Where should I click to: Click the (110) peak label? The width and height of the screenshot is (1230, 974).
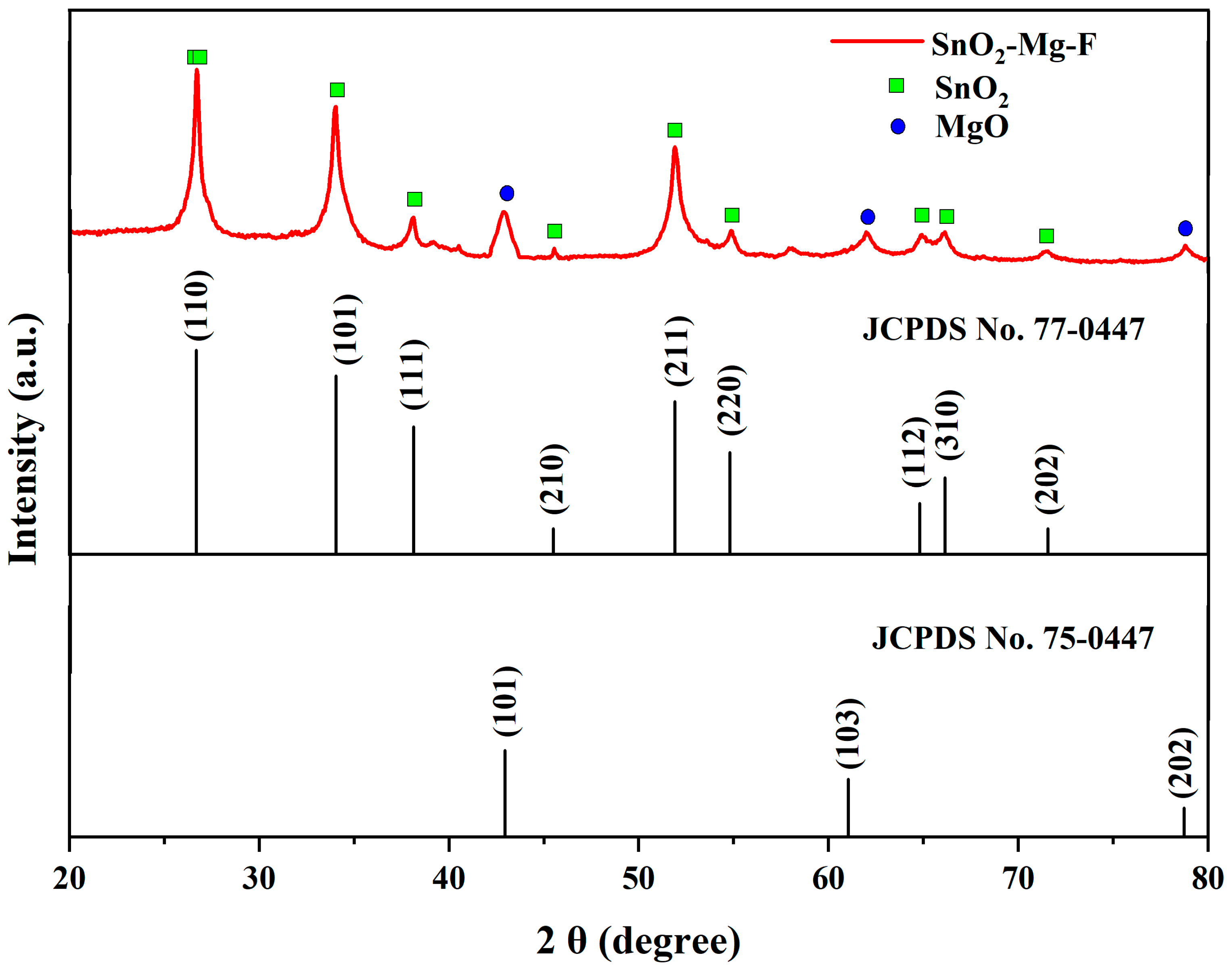pyautogui.click(x=199, y=306)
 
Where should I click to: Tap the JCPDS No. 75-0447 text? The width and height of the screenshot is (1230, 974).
pyautogui.click(x=1012, y=638)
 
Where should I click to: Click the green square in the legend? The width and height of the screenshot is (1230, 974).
pyautogui.click(x=896, y=86)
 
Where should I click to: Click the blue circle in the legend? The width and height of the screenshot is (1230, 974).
pyautogui.click(x=898, y=127)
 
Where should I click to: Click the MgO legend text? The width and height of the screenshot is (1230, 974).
pyautogui.click(x=972, y=127)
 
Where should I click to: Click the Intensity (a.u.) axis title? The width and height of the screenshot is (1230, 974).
pyautogui.click(x=24, y=439)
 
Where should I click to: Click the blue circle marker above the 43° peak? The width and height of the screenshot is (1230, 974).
pyautogui.click(x=506, y=193)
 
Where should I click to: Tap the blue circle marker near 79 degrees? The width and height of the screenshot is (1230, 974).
pyautogui.click(x=1185, y=229)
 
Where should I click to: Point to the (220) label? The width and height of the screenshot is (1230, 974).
pyautogui.click(x=731, y=400)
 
